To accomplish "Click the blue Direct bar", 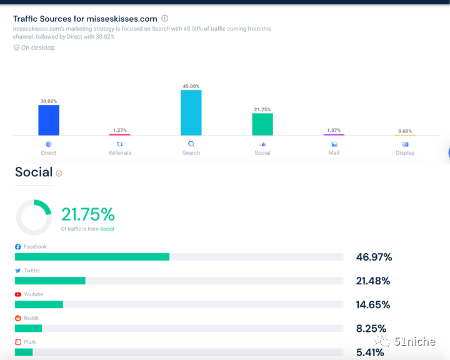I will coord(49,119).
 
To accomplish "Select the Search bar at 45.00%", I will coord(191,112).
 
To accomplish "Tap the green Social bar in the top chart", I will coord(262,124).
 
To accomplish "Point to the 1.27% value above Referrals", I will coord(120,130).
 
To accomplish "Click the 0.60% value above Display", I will coord(405,131).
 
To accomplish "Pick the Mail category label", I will coord(334,152).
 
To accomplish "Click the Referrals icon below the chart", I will coord(120,144).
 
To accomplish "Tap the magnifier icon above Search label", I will coord(191,144).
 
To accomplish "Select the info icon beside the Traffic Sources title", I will coord(164,19).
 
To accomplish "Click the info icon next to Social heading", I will coord(59,173).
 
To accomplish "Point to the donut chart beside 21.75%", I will coord(34,217).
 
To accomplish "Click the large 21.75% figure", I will coord(88,214).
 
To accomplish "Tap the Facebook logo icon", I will coord(18,247).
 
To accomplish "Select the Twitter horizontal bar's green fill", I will coord(50,281).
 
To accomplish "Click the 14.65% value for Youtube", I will coord(373,304).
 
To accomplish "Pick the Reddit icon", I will coord(18,318).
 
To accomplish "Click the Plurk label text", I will coord(30,342).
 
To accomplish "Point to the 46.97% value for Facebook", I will coord(374,257).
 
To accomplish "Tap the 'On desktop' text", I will coord(38,47).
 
